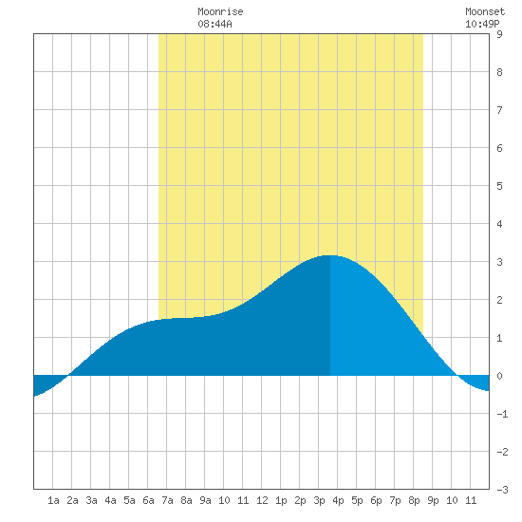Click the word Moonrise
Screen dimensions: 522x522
tap(220, 11)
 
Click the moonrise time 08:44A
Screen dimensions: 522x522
tap(214, 24)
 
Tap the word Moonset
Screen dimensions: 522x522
tap(485, 11)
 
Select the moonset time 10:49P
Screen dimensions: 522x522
tap(482, 24)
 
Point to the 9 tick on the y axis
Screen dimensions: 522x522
tap(499, 34)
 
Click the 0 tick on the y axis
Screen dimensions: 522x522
tap(499, 376)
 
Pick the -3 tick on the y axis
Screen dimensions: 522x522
tap(502, 490)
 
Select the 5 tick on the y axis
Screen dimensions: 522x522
tap(499, 186)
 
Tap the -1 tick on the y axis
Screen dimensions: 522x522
tap(502, 414)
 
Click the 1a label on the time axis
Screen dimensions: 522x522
tap(53, 500)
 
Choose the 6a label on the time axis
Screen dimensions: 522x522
tap(148, 500)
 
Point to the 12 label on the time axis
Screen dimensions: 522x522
tap(262, 500)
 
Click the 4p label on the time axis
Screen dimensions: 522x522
tap(338, 500)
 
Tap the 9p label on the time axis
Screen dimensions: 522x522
tap(433, 500)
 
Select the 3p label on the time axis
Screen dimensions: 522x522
tap(319, 500)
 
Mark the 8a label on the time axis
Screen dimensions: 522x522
tap(186, 500)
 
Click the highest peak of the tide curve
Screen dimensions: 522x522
tap(330, 255)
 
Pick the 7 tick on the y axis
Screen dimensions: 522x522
tap(499, 110)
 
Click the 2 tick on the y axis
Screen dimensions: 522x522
tap(499, 300)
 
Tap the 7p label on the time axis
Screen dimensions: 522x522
tap(395, 500)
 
